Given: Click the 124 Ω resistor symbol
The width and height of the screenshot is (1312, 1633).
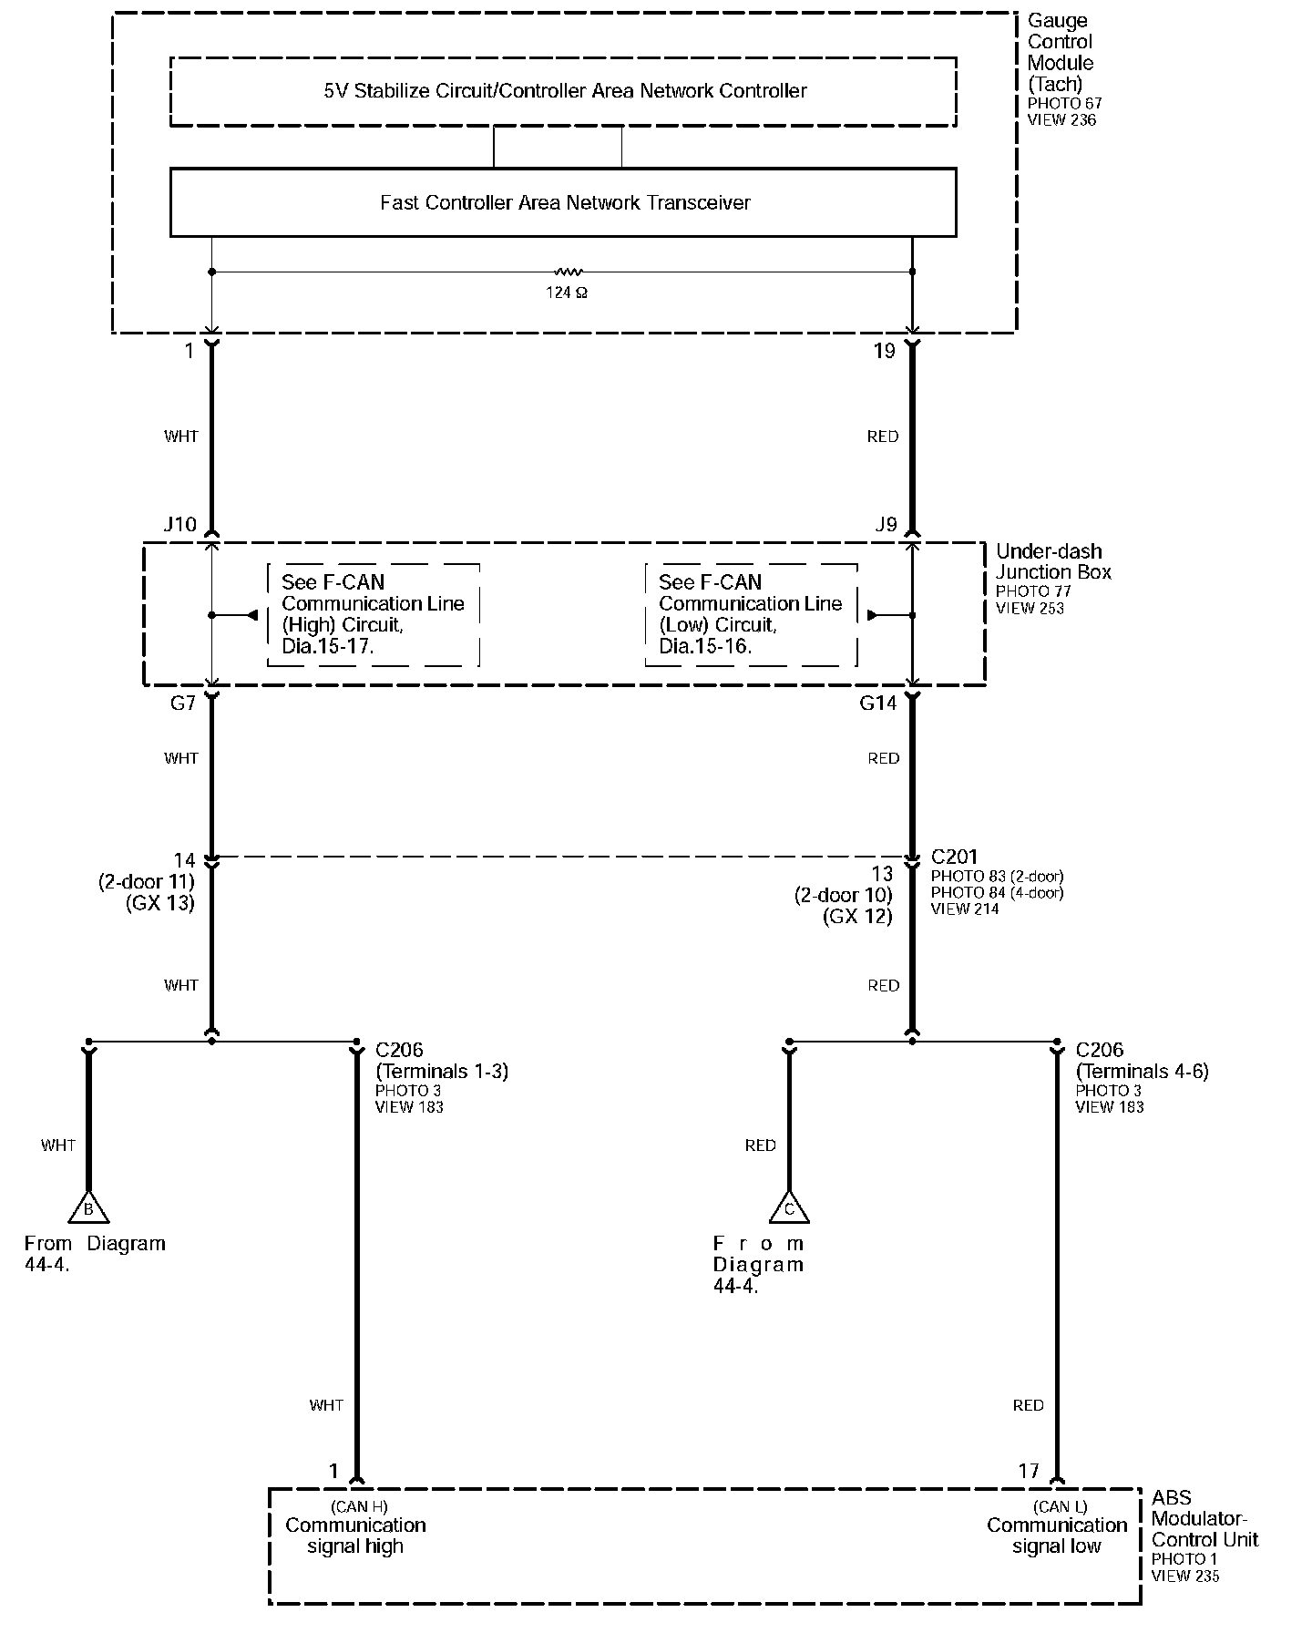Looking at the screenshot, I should [x=568, y=272].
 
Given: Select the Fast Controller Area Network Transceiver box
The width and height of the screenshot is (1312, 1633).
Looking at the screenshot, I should [x=563, y=202].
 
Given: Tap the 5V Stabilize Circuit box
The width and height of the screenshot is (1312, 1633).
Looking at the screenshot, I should [x=563, y=91].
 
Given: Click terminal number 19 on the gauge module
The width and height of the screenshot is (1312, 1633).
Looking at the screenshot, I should [x=884, y=352].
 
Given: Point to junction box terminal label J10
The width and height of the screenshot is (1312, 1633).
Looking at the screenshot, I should [x=179, y=525].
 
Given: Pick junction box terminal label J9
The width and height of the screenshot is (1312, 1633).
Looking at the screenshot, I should [x=886, y=525].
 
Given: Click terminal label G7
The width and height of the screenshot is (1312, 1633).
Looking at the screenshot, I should [x=183, y=704].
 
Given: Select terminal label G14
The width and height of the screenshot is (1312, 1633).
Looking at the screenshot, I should [x=878, y=704].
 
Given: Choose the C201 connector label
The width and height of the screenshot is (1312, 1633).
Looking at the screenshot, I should [x=954, y=857].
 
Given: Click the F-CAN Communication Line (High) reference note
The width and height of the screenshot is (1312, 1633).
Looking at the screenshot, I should [x=373, y=614].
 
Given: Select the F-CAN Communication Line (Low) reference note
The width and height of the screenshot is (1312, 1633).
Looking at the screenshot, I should [x=750, y=614].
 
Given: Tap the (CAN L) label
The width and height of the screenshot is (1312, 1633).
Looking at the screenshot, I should [x=1061, y=1506].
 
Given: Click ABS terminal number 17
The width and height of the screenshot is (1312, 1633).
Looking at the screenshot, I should [x=1029, y=1471].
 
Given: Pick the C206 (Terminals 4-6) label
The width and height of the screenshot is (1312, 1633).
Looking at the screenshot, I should [x=1142, y=1061].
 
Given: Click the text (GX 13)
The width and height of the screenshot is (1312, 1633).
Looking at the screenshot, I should [x=160, y=904].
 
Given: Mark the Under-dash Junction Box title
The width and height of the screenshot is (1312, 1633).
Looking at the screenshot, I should [x=1052, y=561].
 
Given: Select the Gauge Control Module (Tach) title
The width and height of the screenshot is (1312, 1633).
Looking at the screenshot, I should [x=1060, y=53].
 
